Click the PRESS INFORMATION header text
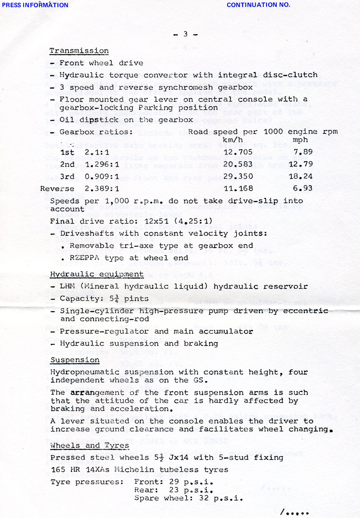35,5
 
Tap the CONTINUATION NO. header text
258,5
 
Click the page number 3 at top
185,34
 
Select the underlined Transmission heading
79,51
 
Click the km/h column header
233,140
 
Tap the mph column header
300,140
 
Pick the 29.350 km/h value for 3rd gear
238,176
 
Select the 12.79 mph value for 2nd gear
301,164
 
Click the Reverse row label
57,189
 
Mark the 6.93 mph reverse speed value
303,188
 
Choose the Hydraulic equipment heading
96,274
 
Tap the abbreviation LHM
67,287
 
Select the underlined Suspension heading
75,360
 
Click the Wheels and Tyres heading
90,446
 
